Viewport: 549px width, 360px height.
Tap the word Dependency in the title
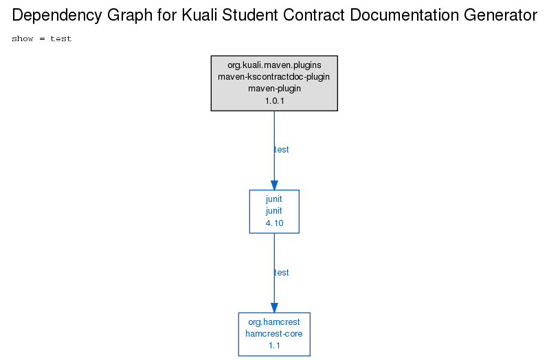(x=58, y=16)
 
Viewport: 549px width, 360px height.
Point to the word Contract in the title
(x=314, y=15)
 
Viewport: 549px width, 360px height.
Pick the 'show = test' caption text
(x=42, y=38)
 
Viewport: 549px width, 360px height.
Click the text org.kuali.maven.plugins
(x=274, y=65)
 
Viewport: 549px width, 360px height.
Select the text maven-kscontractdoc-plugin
(x=273, y=77)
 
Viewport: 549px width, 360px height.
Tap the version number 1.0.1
(x=275, y=101)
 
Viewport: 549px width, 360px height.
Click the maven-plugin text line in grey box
(x=274, y=89)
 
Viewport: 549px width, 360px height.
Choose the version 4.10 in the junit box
(x=275, y=223)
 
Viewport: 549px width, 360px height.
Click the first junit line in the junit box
(x=273, y=199)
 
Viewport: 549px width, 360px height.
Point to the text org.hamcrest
(x=274, y=322)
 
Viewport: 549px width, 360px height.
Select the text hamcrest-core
(x=273, y=334)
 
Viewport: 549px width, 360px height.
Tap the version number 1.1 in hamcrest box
(x=275, y=346)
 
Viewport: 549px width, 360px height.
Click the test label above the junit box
(x=282, y=150)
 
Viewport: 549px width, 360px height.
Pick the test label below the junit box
(x=282, y=273)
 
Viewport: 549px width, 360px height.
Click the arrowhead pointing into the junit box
(x=275, y=185)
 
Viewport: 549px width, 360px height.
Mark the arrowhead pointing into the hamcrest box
(x=275, y=308)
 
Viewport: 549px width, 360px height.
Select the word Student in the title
(x=250, y=15)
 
